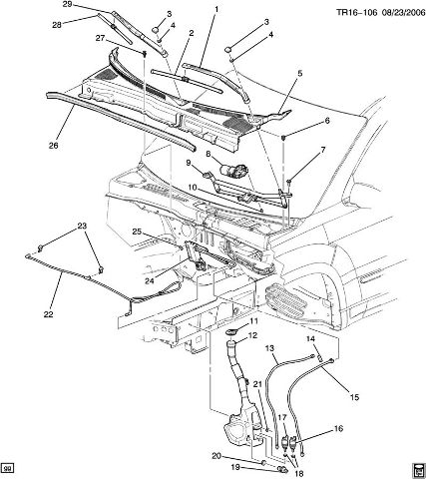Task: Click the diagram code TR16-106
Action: (x=356, y=13)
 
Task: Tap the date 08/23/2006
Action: (x=403, y=13)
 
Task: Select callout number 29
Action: (x=67, y=4)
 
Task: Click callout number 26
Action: (x=54, y=146)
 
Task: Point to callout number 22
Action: (x=48, y=313)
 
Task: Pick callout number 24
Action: (x=150, y=281)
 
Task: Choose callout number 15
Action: (x=354, y=397)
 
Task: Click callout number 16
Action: (x=338, y=429)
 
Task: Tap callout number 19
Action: (x=235, y=467)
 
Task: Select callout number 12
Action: (x=253, y=335)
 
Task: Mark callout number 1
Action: (x=216, y=10)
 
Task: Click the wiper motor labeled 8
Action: (x=233, y=170)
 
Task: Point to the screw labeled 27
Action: (x=145, y=53)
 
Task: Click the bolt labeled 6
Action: (x=283, y=137)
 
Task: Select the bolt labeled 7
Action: (x=288, y=182)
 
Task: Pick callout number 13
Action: (x=270, y=348)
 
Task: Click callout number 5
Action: (x=300, y=74)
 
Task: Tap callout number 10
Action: (x=193, y=188)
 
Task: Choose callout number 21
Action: (x=257, y=384)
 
